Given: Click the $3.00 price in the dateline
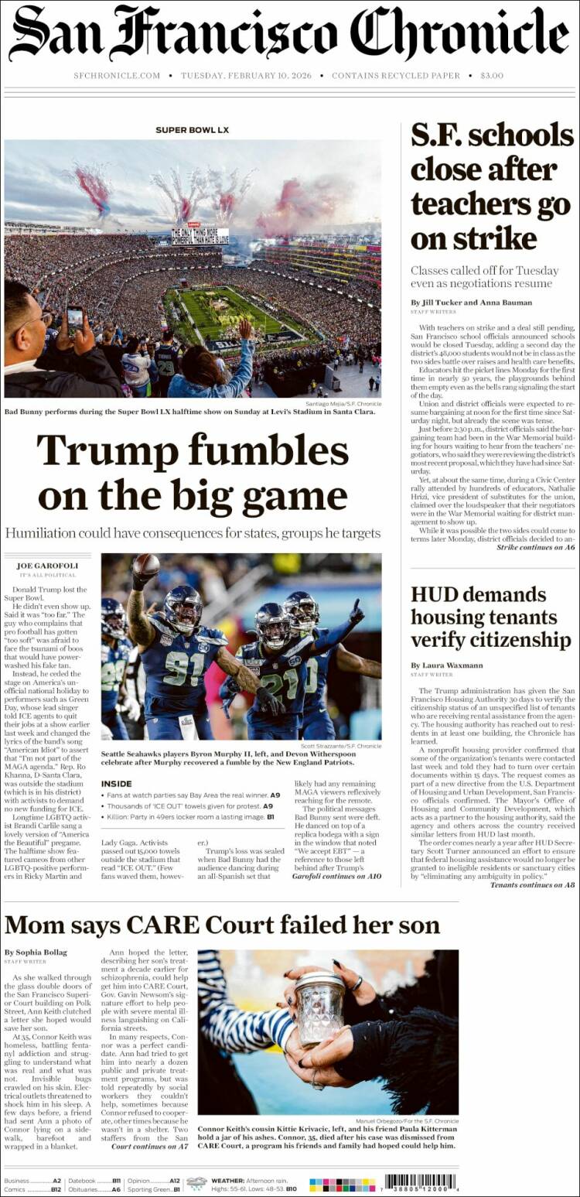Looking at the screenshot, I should [491, 76].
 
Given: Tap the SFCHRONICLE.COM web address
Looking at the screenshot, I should [117, 76].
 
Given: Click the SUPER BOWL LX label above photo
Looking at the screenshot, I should [192, 130].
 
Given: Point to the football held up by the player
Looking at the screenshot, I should [145, 565].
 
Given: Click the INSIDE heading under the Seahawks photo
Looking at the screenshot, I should [116, 784].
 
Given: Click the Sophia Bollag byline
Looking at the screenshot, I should [36, 952].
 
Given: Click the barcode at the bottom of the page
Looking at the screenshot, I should [421, 1183].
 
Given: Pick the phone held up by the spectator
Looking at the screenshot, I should [75, 319].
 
